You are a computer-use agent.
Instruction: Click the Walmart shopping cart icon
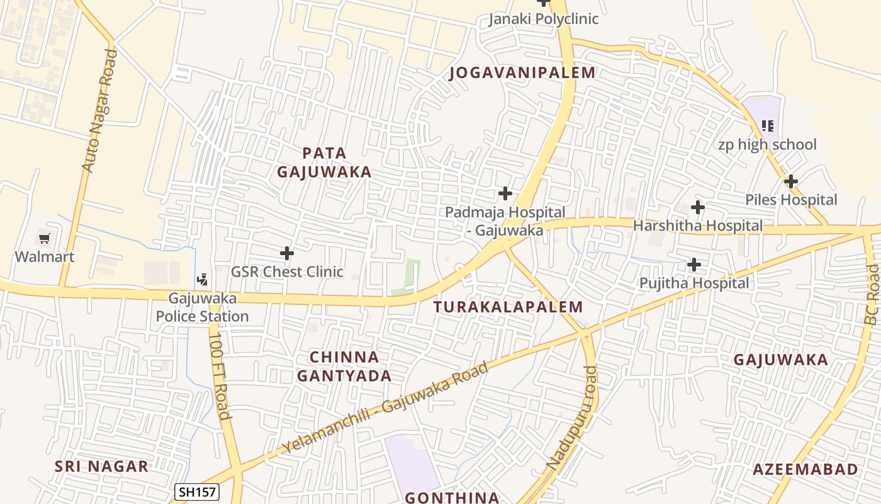[x=44, y=239]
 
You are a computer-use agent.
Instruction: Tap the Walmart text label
[x=45, y=257]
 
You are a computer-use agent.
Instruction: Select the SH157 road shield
[x=196, y=492]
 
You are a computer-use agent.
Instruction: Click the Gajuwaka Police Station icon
[x=203, y=279]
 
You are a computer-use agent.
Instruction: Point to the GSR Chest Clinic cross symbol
[x=287, y=253]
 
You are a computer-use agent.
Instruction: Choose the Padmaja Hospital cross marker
[x=505, y=193]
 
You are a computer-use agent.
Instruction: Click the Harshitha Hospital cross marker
[x=697, y=207]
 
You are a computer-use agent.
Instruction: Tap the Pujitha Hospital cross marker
[x=694, y=265]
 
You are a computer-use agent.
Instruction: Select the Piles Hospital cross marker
[x=791, y=181]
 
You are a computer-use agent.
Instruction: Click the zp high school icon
[x=767, y=126]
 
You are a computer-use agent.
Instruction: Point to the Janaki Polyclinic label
[x=544, y=19]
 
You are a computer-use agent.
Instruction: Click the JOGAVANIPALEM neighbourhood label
[x=522, y=73]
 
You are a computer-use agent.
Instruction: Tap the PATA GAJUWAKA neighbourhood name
[x=324, y=163]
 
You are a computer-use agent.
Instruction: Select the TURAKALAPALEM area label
[x=508, y=307]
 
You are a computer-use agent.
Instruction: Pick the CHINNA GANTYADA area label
[x=344, y=367]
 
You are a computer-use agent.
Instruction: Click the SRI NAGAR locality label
[x=101, y=467]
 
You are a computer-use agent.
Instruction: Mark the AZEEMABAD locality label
[x=805, y=469]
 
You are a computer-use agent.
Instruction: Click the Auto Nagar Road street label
[x=99, y=111]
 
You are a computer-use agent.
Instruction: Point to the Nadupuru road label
[x=572, y=417]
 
